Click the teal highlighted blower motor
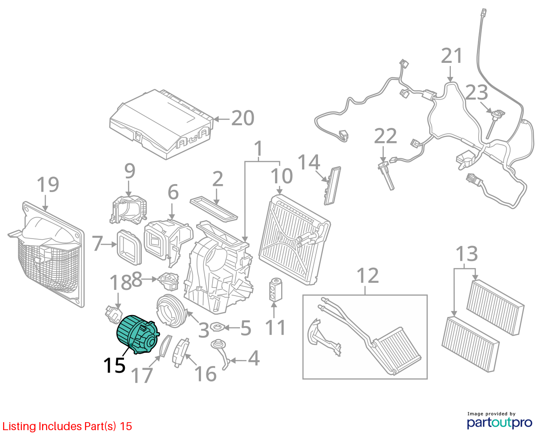(x=137, y=335)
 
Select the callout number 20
(x=243, y=118)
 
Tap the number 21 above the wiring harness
(x=451, y=56)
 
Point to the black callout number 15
(x=114, y=366)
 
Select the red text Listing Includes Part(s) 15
(x=67, y=427)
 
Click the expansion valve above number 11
(x=275, y=290)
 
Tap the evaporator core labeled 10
(x=294, y=240)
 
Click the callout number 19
(x=48, y=185)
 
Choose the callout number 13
(x=466, y=254)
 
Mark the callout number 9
(x=130, y=171)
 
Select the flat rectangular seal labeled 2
(x=214, y=208)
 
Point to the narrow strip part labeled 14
(x=332, y=186)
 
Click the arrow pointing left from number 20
(x=221, y=119)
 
